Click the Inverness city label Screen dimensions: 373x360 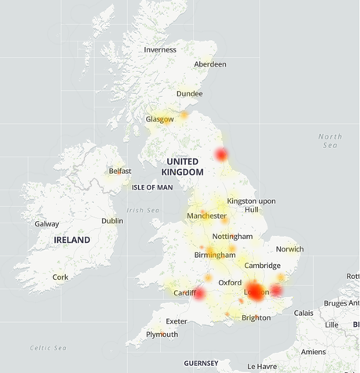point(160,49)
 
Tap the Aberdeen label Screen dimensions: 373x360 point(209,64)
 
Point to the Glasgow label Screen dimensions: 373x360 point(159,120)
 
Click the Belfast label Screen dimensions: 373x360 point(120,171)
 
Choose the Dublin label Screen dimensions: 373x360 point(112,221)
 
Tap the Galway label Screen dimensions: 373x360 point(46,224)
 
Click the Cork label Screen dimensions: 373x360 point(60,277)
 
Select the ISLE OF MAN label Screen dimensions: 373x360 point(152,187)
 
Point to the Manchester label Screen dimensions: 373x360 point(206,215)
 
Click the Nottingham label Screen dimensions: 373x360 point(232,237)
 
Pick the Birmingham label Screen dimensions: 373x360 point(215,255)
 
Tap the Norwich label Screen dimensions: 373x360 point(289,249)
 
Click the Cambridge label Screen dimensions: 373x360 point(262,266)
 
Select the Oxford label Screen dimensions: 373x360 point(230,282)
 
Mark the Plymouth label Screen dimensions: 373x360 point(162,334)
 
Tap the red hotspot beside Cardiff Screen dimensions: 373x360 point(199,295)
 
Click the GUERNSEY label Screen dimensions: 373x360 point(202,364)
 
